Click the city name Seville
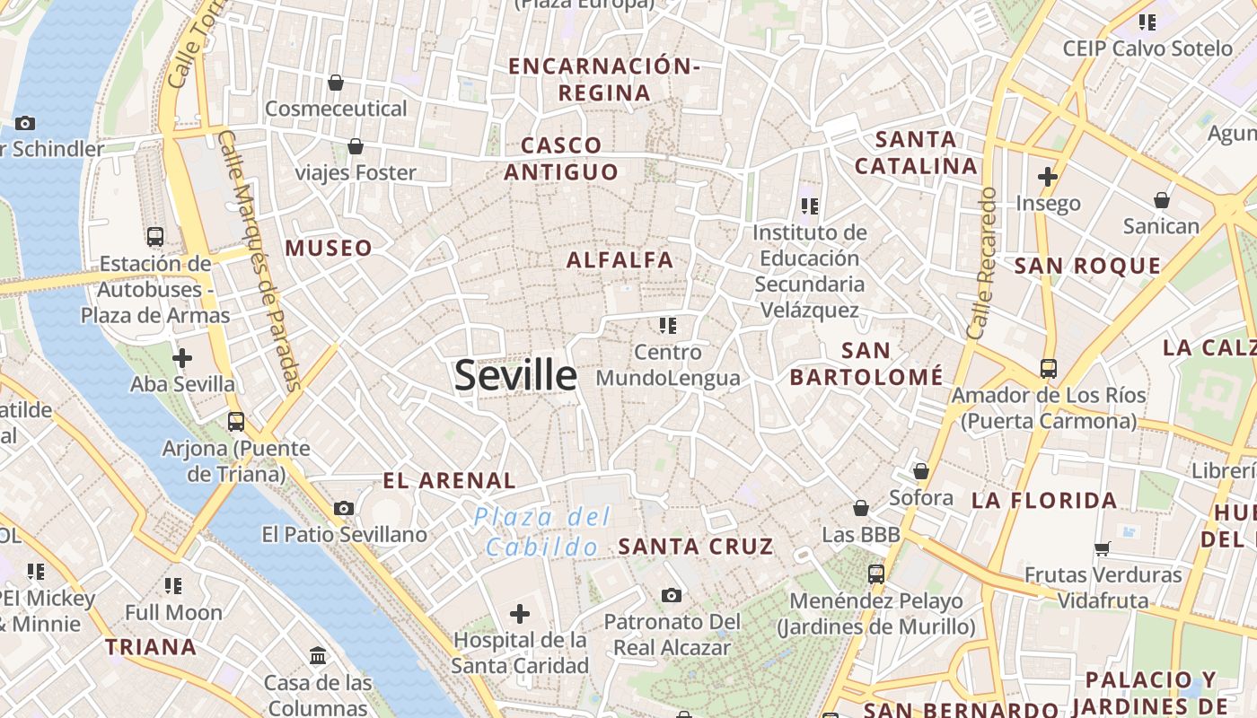515,375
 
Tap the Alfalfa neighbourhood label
620,260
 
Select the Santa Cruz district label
696,546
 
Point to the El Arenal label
449,480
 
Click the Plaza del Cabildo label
542,531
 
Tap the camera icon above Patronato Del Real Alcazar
671,595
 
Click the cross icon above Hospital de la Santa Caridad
519,614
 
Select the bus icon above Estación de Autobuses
155,237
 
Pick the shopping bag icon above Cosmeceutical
336,83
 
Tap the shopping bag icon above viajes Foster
356,146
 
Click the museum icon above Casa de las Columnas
318,656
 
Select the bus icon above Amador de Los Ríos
1048,368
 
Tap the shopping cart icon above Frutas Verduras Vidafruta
1103,548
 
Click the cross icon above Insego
1047,177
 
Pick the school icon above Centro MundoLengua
667,325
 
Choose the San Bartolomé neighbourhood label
866,363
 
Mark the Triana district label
151,647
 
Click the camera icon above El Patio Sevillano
343,509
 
